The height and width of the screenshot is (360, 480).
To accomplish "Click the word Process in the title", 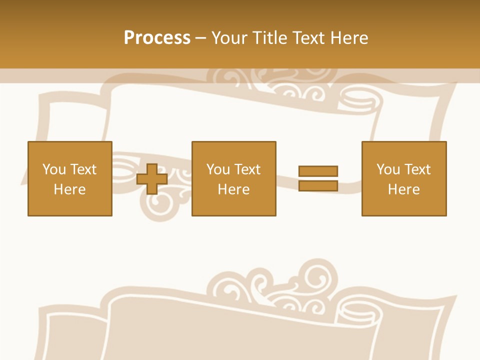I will tap(157, 38).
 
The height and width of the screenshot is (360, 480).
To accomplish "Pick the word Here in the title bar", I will tap(350, 38).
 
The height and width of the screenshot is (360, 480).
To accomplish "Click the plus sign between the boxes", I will tap(152, 179).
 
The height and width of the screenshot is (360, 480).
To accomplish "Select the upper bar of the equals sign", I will tap(318, 171).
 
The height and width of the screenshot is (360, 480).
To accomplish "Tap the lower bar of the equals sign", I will tap(318, 186).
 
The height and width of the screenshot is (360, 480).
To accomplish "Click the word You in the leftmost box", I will tap(54, 169).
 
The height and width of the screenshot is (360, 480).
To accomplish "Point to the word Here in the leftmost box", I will tap(69, 189).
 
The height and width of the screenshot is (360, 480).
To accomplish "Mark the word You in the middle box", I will tap(218, 169).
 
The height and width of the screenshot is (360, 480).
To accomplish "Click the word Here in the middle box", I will tap(233, 189).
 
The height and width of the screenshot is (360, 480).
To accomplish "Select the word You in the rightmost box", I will tap(388, 169).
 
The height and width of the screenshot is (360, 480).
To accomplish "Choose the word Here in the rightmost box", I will tap(403, 189).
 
